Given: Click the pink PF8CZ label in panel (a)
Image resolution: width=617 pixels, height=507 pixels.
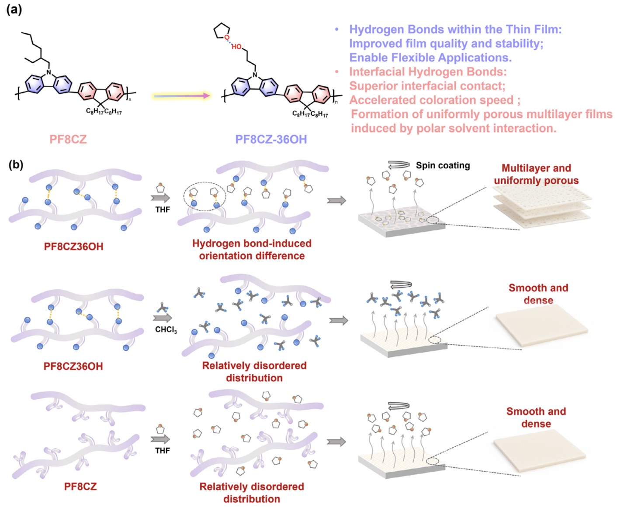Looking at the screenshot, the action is point(68,139).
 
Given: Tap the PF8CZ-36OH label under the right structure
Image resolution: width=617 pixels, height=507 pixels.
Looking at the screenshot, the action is point(271,139).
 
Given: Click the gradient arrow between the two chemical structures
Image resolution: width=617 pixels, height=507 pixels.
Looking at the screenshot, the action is point(181,96).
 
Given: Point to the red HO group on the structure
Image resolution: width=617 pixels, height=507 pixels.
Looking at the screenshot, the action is point(236,47).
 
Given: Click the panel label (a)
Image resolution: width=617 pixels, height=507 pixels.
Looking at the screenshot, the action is point(14,10).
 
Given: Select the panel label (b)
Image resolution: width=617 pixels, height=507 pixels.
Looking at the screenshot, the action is point(16,165).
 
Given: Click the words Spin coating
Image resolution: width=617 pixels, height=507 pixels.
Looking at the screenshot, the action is point(443,165).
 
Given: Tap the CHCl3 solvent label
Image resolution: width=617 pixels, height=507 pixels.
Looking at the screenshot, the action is point(166,330).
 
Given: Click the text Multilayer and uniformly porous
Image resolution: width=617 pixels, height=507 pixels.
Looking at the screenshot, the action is point(536,174).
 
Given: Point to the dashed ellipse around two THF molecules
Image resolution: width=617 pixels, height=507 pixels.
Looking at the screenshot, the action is point(205,182).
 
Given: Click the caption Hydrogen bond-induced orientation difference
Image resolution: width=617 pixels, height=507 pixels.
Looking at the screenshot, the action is point(252,250).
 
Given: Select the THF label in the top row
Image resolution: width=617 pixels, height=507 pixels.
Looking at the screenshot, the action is point(163,209).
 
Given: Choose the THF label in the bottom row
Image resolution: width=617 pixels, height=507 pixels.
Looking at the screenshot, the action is point(163,451).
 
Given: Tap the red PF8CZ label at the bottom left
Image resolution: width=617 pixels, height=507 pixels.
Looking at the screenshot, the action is point(80,486).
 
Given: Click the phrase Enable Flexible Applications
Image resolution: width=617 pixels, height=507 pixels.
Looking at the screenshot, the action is point(430,58).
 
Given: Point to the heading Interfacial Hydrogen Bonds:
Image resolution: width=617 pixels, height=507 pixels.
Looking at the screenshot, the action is point(428,72).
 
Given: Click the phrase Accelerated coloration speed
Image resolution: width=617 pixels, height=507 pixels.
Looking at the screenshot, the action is point(432,100).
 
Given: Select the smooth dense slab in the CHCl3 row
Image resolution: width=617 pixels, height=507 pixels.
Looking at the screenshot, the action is point(541,325).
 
